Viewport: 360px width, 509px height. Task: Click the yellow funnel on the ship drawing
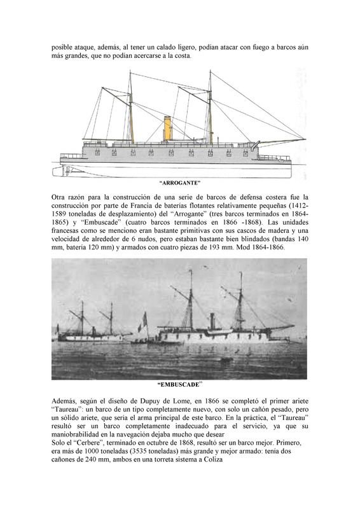pos(168,129)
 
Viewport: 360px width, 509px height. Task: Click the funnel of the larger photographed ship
pos(211,321)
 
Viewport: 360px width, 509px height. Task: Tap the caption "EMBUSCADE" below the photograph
pos(179,385)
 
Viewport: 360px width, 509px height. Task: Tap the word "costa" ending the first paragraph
pos(181,57)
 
